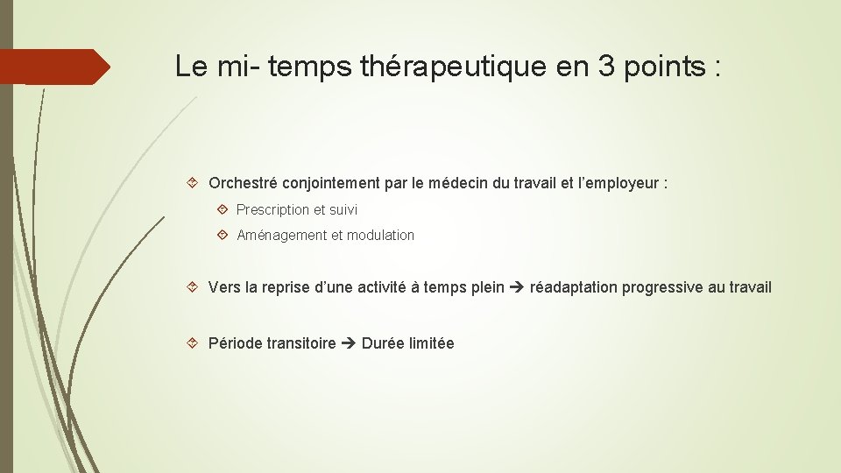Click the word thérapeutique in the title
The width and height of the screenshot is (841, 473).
tap(453, 67)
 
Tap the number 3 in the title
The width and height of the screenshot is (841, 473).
tap(609, 67)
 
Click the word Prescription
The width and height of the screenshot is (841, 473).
tap(273, 210)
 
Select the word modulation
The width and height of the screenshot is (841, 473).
tap(380, 236)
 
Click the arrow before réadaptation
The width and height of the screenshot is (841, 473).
tap(517, 287)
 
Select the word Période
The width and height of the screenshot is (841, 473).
tap(236, 343)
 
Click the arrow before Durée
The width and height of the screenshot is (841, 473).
tap(349, 343)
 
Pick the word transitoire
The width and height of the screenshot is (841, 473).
tap(302, 343)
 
